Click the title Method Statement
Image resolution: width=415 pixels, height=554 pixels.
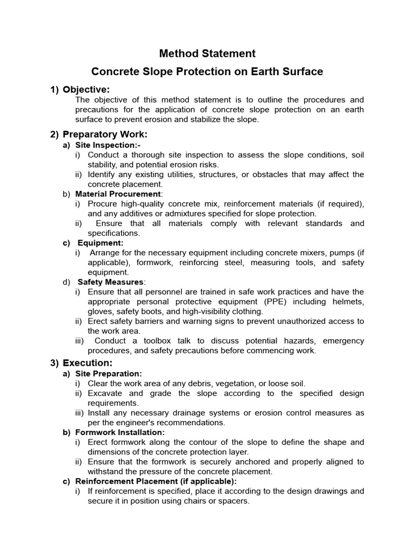tap(207, 54)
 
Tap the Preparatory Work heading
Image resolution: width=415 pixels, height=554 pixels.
tap(105, 134)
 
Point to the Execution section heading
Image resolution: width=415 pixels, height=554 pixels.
tap(88, 363)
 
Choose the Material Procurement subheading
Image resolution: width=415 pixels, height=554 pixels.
tap(118, 194)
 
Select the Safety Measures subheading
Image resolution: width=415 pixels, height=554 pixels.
tap(110, 282)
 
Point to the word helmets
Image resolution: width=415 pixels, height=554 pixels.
tap(347, 302)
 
